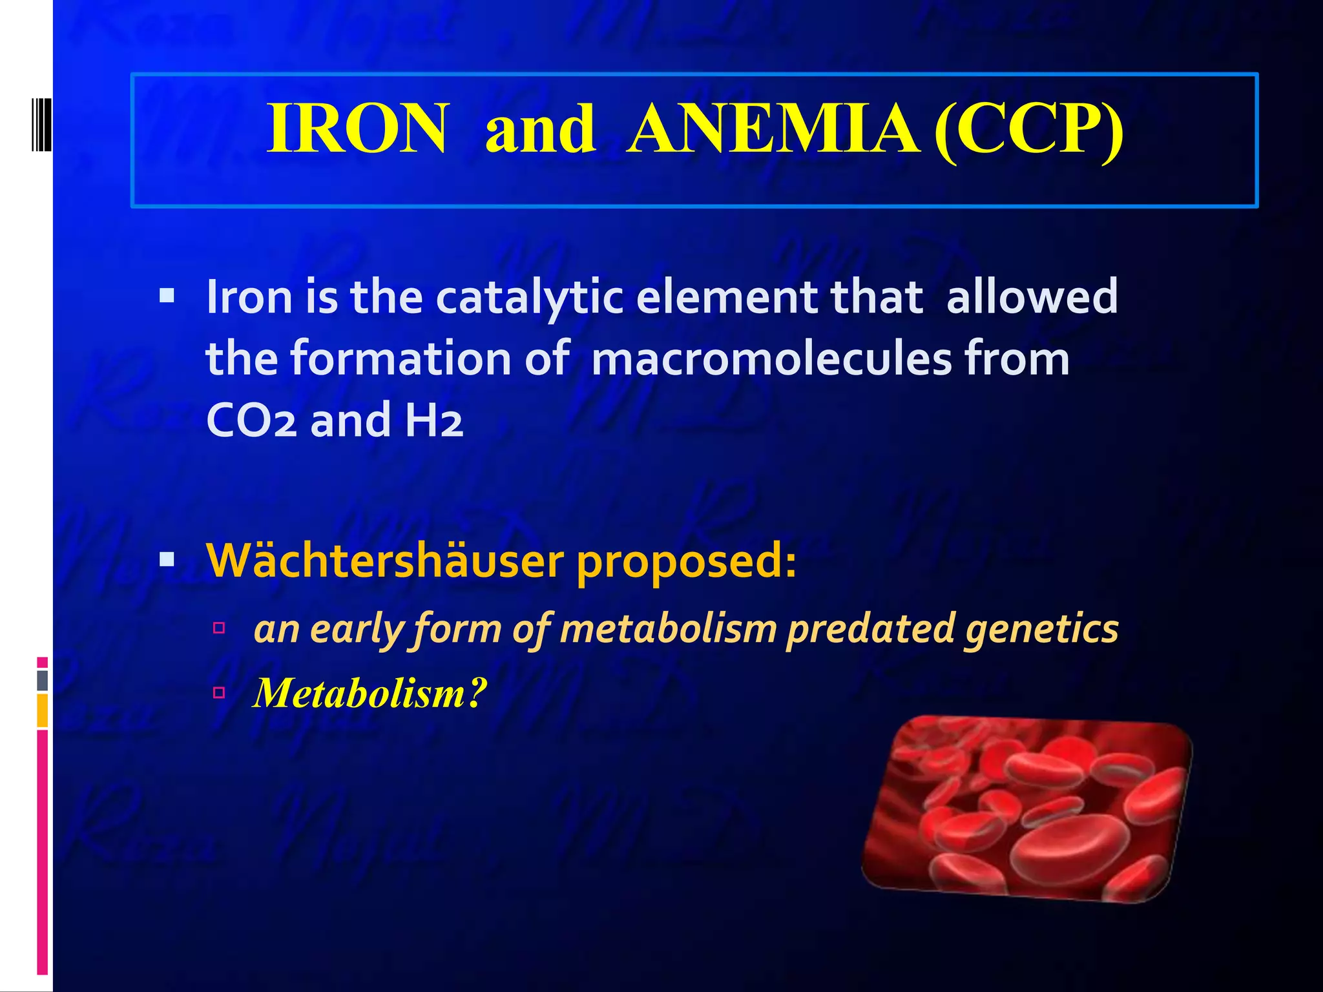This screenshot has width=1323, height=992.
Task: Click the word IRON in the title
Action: point(357,129)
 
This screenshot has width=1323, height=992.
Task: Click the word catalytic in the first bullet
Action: point(530,298)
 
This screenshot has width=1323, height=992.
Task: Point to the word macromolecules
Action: point(771,359)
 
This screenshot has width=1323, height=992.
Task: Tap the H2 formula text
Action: point(434,420)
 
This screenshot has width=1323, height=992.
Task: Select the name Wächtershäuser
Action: point(384,560)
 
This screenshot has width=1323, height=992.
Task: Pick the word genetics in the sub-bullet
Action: point(1041,629)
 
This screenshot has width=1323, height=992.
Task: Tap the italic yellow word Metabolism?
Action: point(370,694)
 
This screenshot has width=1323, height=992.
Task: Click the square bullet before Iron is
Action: point(167,296)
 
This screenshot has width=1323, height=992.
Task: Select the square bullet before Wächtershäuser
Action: point(167,559)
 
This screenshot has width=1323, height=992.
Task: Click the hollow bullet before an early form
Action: point(219,628)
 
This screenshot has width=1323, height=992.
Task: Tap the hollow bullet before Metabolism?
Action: point(219,693)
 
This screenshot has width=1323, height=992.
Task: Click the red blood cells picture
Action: point(1027,809)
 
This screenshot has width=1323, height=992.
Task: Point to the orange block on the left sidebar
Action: point(42,710)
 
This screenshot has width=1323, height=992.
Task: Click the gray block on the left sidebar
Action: point(42,680)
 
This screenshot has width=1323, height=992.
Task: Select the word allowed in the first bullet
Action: point(1032,298)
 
